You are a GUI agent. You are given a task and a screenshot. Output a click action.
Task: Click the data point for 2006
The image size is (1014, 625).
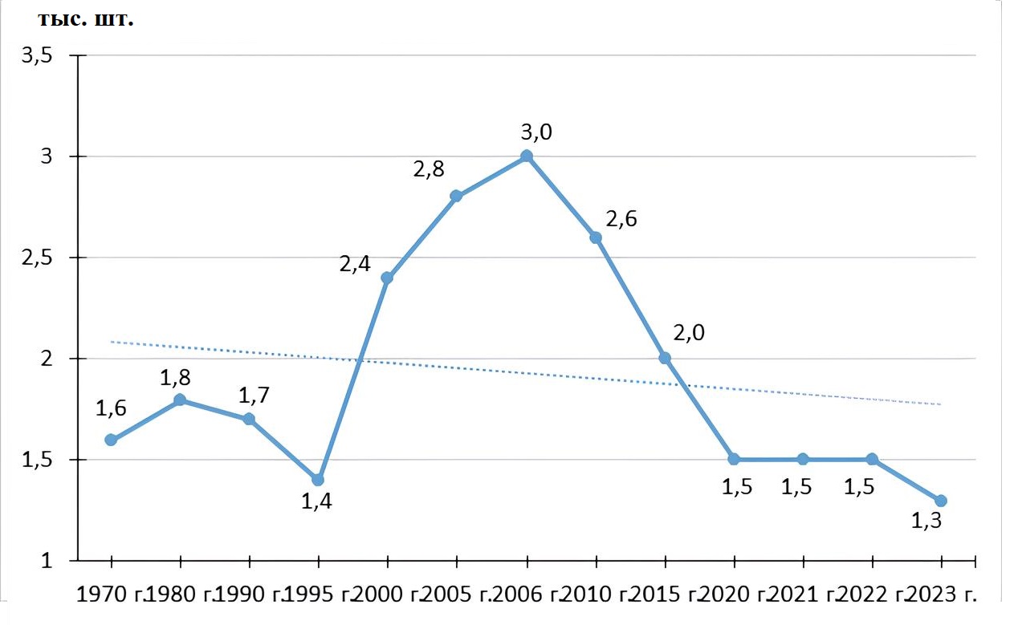(x=526, y=156)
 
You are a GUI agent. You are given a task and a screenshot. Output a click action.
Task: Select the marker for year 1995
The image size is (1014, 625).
(x=318, y=480)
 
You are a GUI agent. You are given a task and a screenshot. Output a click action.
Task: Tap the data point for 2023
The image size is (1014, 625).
(x=941, y=501)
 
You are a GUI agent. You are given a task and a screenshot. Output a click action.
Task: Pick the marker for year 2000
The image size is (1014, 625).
(x=387, y=278)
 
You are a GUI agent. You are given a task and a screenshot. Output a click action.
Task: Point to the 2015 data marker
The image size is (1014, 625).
(x=665, y=358)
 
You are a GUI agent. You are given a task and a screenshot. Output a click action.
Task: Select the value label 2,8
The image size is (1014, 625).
(x=429, y=169)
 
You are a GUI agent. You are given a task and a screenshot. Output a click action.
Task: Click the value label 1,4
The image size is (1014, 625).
(x=316, y=503)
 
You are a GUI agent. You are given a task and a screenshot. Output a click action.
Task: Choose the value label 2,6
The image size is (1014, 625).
(x=621, y=219)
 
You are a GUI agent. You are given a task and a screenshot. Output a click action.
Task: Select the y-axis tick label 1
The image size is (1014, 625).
(x=46, y=561)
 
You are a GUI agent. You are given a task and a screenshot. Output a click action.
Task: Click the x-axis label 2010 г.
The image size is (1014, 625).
(x=593, y=595)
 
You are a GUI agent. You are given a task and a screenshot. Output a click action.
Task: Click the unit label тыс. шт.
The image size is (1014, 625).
(x=85, y=19)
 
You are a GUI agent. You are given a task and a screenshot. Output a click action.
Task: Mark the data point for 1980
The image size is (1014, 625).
(x=180, y=400)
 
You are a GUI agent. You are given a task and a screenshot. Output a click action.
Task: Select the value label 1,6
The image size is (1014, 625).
(x=112, y=408)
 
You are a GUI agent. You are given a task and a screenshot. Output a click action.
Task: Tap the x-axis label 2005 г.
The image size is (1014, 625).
(x=455, y=595)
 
